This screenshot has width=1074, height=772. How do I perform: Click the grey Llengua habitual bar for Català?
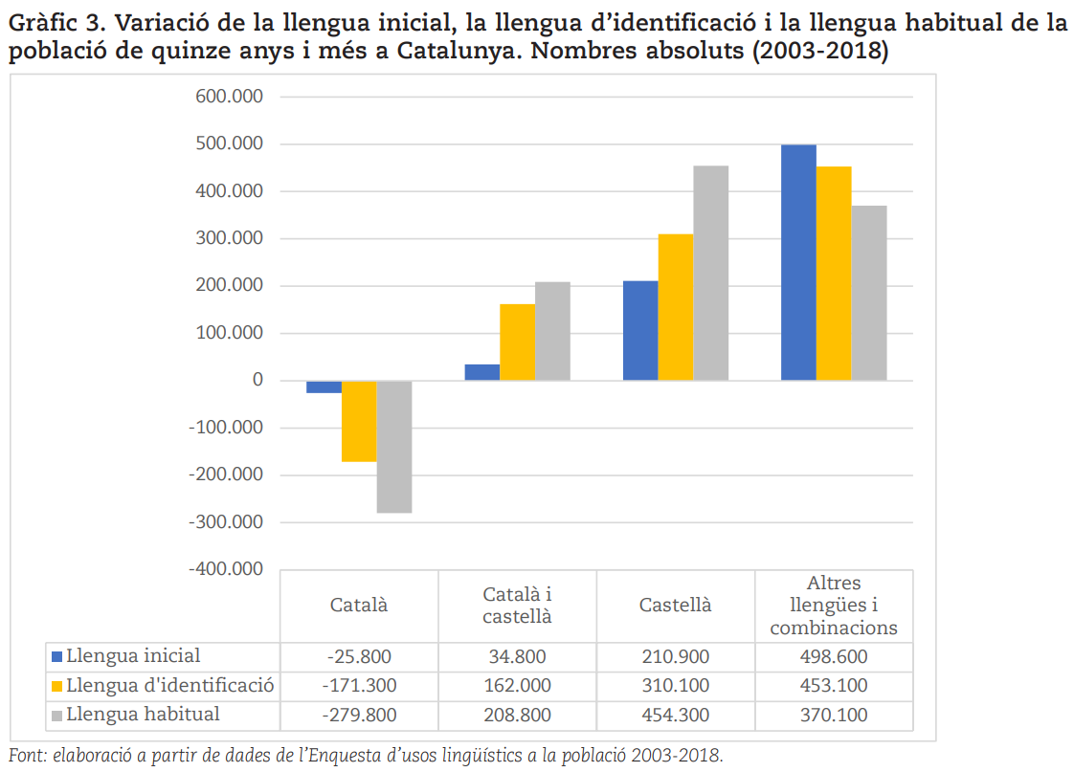click(x=394, y=446)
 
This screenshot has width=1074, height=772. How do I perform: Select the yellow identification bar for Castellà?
click(x=676, y=307)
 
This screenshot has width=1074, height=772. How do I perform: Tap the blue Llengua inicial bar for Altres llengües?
click(x=798, y=263)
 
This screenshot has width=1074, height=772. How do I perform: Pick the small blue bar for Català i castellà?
click(x=482, y=372)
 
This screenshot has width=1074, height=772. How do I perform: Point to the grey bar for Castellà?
click(x=711, y=273)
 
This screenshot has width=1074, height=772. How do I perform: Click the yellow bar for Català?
click(x=360, y=421)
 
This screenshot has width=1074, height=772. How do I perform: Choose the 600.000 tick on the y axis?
click(x=230, y=97)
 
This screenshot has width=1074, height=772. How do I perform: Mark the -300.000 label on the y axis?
click(x=226, y=522)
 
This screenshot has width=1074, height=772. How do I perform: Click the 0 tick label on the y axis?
click(x=257, y=380)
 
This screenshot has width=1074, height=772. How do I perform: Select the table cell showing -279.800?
click(x=360, y=716)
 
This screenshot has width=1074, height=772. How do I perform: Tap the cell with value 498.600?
click(x=834, y=657)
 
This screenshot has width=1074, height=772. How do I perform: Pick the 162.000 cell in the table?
click(x=517, y=686)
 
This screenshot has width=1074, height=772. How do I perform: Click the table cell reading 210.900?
click(x=676, y=657)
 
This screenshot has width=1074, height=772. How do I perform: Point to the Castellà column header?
click(x=676, y=605)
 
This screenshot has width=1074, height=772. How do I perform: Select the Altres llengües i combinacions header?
click(x=834, y=605)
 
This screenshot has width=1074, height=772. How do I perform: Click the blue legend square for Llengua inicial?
click(x=57, y=657)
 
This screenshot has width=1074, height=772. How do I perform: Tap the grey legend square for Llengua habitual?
click(x=57, y=716)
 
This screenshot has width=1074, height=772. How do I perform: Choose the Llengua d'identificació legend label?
click(x=169, y=685)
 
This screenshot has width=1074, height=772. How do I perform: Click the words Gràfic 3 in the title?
click(x=57, y=23)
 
